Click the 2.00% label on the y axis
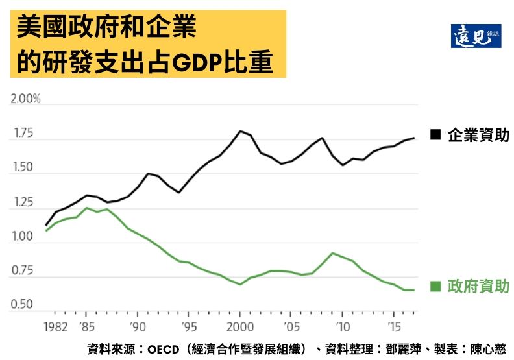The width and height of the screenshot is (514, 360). click(x=25, y=99)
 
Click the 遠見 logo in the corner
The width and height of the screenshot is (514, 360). click(x=476, y=36)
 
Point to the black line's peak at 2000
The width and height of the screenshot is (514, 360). click(x=240, y=131)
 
